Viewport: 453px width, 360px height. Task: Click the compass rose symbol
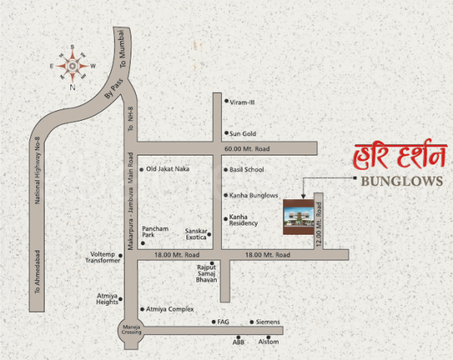point(72,66)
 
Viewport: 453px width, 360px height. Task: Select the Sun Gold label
point(243,134)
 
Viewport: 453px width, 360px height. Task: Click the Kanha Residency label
point(244,220)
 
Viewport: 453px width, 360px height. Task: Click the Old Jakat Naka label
point(168,169)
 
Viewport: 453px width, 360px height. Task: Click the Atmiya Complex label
point(171,309)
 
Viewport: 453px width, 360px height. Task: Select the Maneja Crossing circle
point(128,331)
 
